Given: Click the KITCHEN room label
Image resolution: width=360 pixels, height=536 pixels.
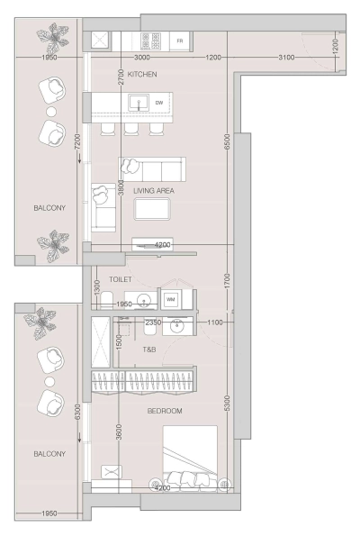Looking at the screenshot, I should (142, 73).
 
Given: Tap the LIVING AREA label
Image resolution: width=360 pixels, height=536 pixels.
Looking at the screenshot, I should (153, 191).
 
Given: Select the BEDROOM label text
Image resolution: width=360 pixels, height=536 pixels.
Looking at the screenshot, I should (165, 411).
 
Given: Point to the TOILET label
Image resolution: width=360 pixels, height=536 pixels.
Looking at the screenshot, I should (121, 281).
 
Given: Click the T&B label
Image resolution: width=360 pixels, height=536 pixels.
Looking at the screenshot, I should (149, 349).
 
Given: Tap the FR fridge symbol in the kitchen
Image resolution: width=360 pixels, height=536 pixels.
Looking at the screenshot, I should (180, 41).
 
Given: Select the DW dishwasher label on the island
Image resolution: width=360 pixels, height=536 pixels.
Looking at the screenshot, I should (159, 104).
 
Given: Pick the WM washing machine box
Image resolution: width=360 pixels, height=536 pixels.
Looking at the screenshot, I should (170, 298).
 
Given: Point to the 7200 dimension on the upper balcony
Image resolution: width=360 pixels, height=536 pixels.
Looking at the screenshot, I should (78, 142).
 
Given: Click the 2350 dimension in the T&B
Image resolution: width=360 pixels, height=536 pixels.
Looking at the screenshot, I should (153, 321).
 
